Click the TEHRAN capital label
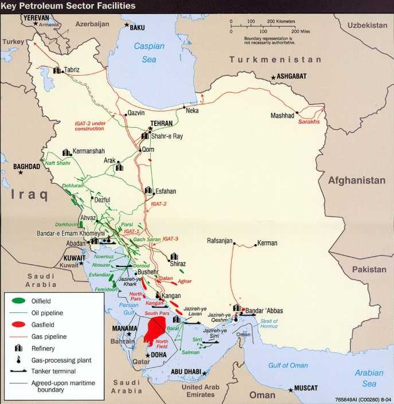click(161, 123)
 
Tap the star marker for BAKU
click(127, 25)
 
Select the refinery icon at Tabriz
click(57, 69)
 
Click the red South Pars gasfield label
click(155, 313)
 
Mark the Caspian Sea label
click(149, 52)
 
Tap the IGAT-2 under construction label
click(89, 126)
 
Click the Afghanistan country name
click(356, 181)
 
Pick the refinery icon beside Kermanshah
click(67, 152)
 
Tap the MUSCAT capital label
click(309, 388)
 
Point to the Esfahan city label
click(166, 191)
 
